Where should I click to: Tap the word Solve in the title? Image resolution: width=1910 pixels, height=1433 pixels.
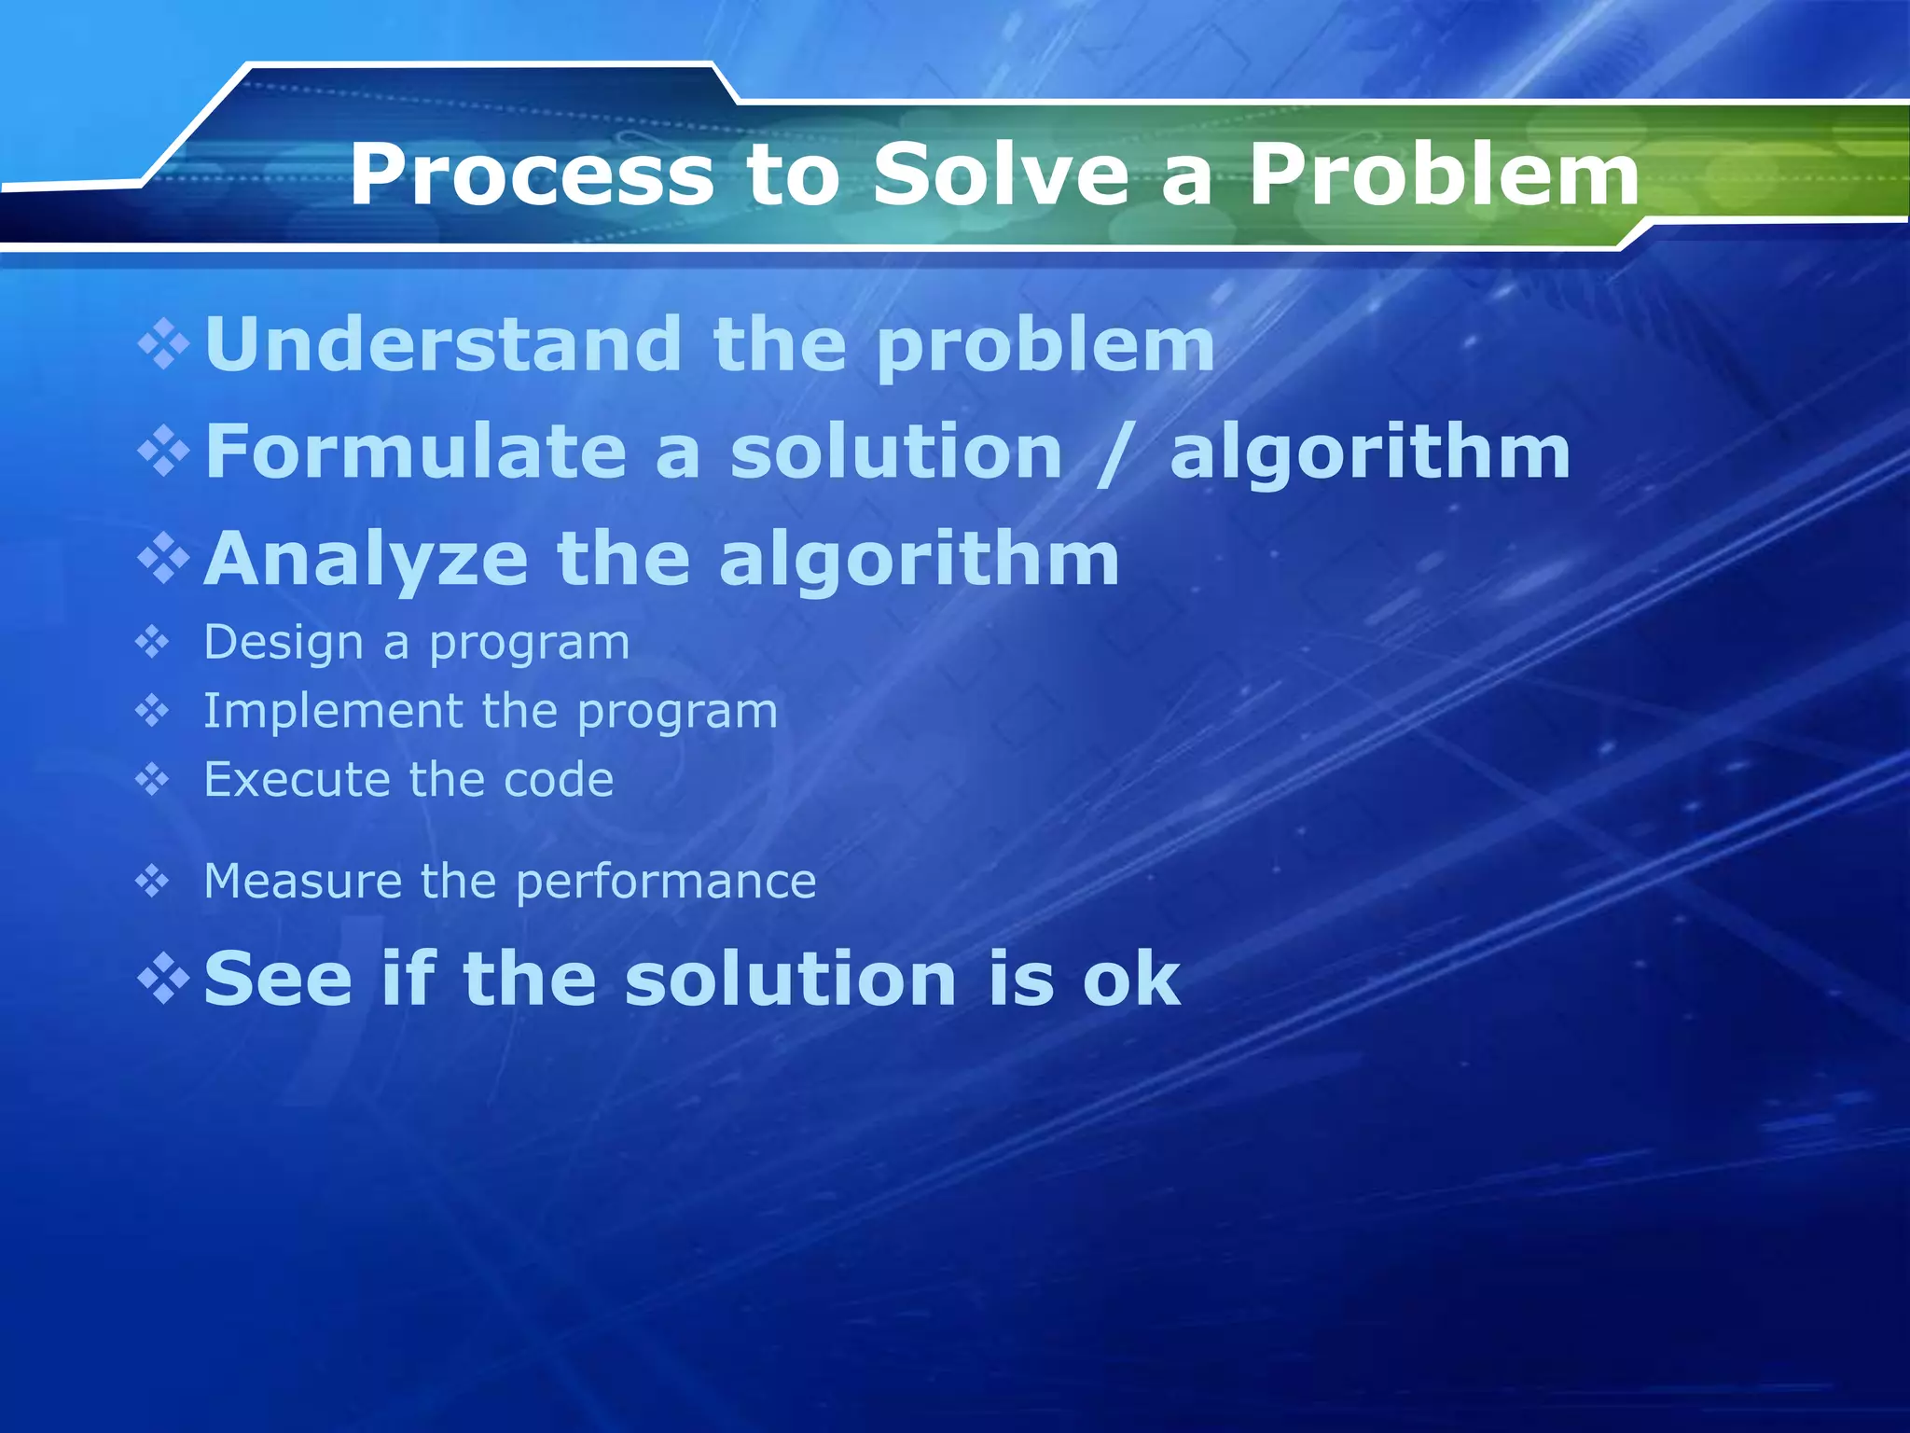point(1001,175)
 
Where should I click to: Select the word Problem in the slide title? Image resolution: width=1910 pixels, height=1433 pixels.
point(1444,175)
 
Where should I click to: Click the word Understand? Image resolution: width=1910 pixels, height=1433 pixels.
point(443,344)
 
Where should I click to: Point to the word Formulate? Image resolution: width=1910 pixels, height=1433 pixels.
point(415,452)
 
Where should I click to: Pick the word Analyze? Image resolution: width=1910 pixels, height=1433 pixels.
point(366,559)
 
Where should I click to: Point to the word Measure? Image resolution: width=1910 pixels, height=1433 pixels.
point(302,882)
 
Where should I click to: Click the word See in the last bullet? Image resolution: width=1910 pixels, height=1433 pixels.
point(278,979)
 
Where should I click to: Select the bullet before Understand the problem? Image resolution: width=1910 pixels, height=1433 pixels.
point(164,344)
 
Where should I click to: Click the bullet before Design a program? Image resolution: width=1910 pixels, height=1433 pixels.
point(152,643)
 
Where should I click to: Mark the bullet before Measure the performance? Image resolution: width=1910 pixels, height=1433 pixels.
point(152,881)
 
